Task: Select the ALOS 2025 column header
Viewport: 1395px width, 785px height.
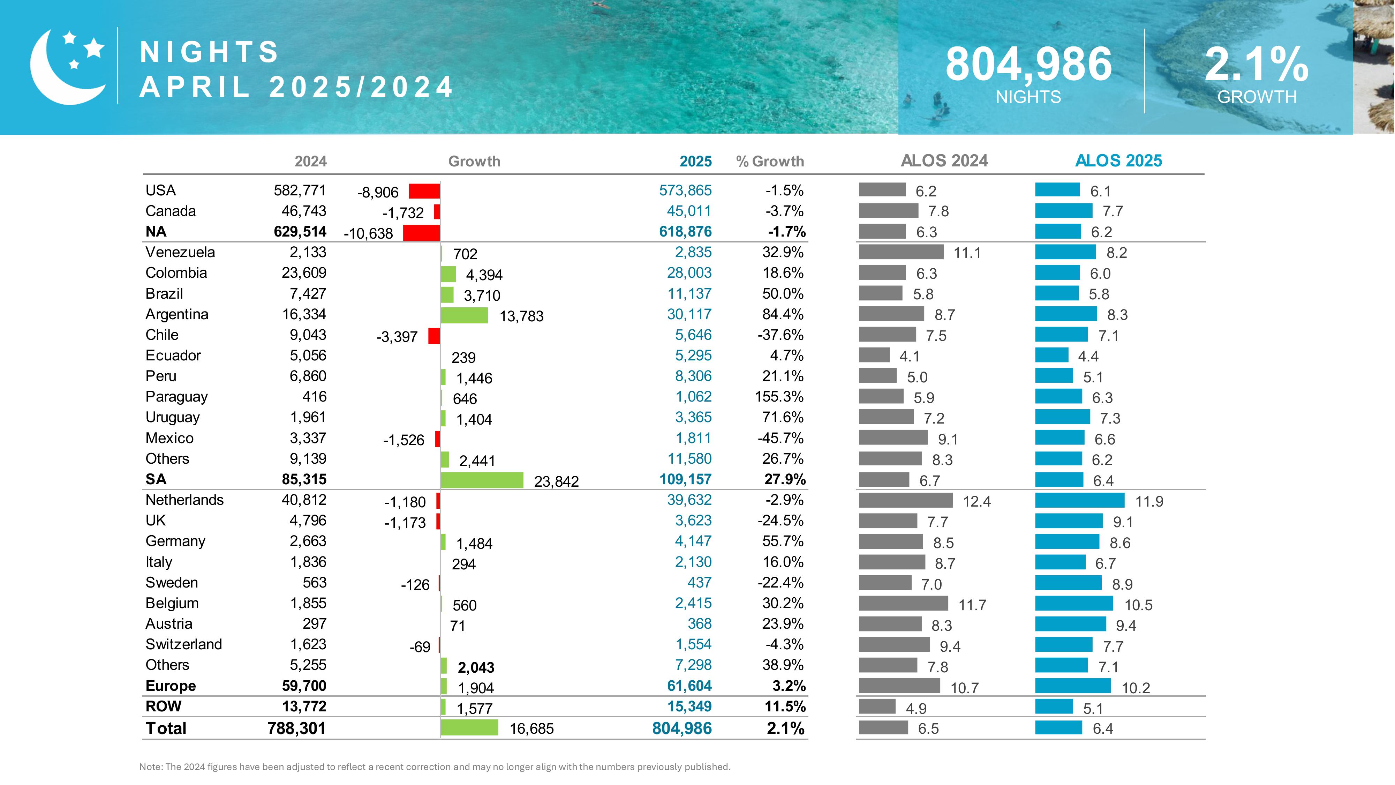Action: point(1118,160)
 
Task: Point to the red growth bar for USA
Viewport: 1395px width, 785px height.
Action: point(424,191)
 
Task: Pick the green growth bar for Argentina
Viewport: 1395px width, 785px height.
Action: point(464,315)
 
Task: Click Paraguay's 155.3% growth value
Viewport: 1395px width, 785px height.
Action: point(779,397)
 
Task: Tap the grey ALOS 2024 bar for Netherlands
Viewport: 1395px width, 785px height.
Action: point(905,500)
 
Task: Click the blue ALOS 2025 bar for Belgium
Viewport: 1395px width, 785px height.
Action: point(1074,604)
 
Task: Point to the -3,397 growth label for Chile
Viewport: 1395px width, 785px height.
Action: point(397,337)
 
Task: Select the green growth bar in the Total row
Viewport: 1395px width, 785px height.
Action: point(469,727)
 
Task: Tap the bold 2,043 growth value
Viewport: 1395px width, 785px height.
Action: point(476,667)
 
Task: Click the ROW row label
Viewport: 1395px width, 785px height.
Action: point(163,706)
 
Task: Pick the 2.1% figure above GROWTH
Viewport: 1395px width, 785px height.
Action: point(1256,65)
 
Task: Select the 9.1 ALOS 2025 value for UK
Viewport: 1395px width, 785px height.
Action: point(1123,522)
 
